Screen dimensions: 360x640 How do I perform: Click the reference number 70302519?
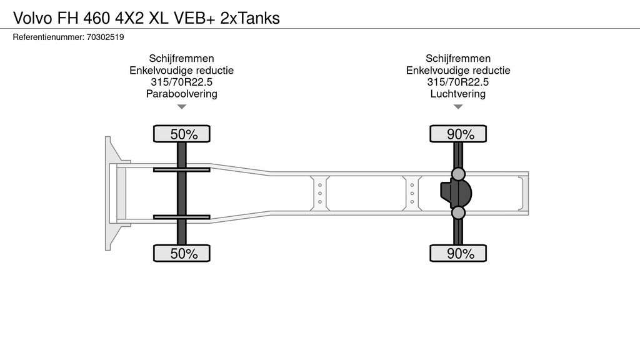(x=106, y=37)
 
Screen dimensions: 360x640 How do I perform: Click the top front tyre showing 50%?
(x=182, y=134)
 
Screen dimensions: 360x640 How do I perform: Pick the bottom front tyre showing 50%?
(x=182, y=253)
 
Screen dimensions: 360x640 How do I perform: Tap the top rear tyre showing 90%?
(x=458, y=134)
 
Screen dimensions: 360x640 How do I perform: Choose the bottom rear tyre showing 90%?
(x=458, y=253)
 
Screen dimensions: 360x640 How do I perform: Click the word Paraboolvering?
(x=181, y=94)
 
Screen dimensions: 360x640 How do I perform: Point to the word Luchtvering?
(x=458, y=94)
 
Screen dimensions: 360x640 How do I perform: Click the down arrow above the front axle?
(x=182, y=107)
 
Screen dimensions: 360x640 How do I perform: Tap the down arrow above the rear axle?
(x=458, y=107)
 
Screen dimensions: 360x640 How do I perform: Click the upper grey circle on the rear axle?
(x=458, y=173)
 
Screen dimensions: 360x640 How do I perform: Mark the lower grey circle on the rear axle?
(x=458, y=213)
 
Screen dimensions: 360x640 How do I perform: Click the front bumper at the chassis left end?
(x=111, y=193)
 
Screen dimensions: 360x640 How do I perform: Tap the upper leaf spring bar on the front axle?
(x=182, y=169)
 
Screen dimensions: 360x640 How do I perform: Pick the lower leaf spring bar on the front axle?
(x=182, y=217)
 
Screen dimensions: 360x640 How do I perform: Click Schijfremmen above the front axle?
(x=181, y=59)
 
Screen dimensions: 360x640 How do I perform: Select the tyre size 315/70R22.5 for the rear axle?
(x=458, y=82)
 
